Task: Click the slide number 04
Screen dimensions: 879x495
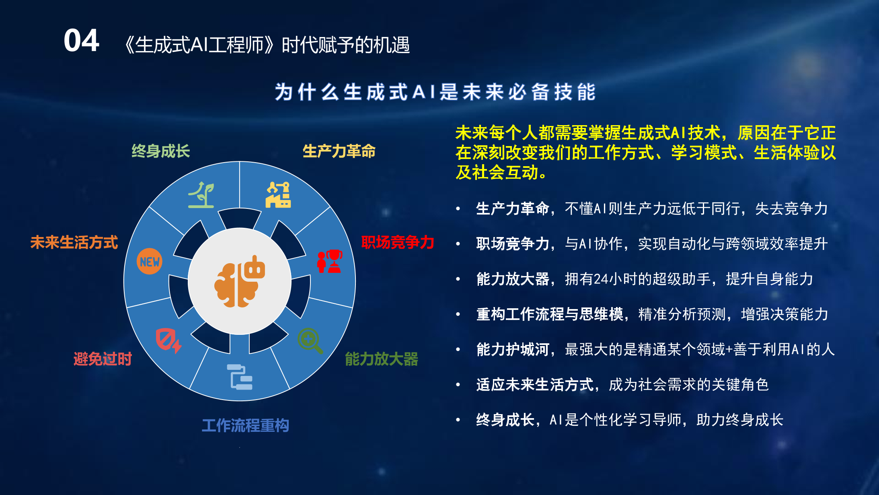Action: (x=81, y=41)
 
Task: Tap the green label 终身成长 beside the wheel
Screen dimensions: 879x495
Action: (x=160, y=151)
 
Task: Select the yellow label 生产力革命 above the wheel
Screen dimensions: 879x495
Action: (x=339, y=151)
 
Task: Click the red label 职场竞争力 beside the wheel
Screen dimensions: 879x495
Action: (x=397, y=242)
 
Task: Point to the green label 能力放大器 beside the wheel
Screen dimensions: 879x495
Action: (x=381, y=359)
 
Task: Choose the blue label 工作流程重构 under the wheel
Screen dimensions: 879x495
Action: (x=245, y=425)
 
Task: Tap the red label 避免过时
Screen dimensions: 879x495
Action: (x=103, y=359)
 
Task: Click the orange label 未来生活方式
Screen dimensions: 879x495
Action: (x=74, y=242)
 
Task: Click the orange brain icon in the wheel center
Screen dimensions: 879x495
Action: (x=240, y=281)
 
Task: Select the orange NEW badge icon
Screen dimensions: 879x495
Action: (x=150, y=262)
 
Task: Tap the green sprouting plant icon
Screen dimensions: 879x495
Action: (x=201, y=195)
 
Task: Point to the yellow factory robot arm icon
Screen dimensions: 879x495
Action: (x=278, y=195)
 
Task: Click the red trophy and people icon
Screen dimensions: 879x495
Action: (x=330, y=261)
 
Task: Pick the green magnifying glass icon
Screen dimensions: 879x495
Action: (x=310, y=341)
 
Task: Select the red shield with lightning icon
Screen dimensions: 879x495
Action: (x=168, y=341)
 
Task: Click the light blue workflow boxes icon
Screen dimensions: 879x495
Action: (x=240, y=377)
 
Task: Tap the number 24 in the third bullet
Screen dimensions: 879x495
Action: (x=601, y=279)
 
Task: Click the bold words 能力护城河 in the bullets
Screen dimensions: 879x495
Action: (x=513, y=349)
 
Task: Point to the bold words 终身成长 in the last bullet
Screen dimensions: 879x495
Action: (x=505, y=420)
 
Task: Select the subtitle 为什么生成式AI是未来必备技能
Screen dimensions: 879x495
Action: (x=435, y=92)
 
